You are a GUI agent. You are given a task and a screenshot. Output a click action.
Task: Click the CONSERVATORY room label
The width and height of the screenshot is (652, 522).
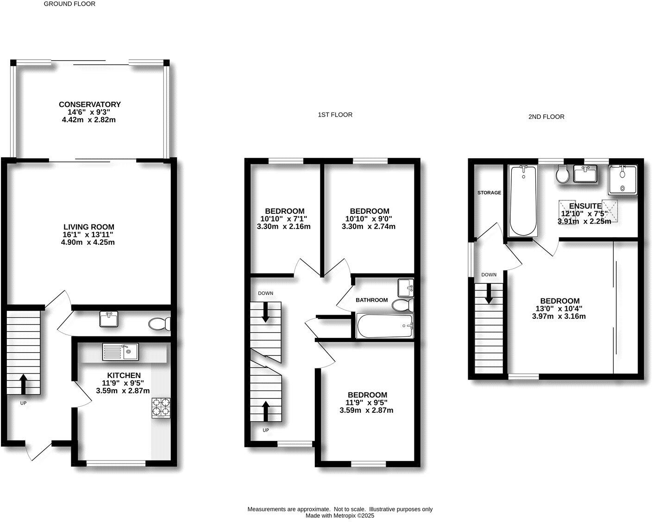89,105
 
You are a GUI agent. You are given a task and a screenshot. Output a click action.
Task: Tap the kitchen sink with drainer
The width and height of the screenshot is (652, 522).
120,352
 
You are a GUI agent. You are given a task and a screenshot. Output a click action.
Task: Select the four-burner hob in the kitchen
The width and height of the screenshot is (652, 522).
161,408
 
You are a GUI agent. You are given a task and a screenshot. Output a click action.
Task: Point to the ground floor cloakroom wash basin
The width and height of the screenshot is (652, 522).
109,319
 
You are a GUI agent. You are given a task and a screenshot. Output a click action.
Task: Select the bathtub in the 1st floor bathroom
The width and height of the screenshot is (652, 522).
384,326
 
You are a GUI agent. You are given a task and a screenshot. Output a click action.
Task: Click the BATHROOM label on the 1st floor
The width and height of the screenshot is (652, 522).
371,300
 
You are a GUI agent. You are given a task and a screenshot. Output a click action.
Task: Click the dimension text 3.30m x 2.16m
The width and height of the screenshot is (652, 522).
283,227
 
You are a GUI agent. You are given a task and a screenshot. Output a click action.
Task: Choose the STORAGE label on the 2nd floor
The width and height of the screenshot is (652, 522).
489,193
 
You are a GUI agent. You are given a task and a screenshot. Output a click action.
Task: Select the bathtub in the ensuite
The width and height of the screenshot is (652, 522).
523,201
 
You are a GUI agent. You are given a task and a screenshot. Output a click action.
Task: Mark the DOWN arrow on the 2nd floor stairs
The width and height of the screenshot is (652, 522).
489,294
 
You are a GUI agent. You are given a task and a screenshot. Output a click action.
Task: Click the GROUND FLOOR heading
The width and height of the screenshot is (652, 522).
69,4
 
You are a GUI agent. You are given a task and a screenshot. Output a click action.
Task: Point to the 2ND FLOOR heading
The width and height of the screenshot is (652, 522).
546,117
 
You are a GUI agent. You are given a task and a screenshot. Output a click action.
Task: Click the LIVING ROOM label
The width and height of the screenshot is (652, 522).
89,227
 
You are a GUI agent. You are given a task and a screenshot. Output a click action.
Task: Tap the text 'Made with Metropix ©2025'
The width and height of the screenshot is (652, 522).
339,516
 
